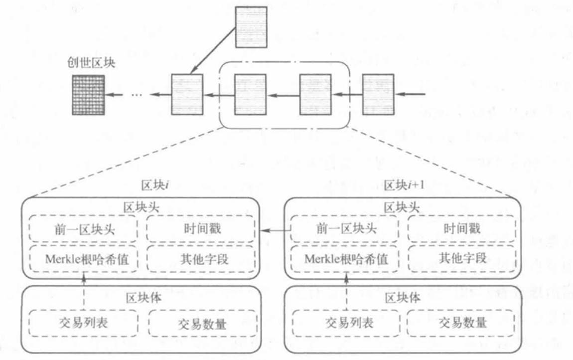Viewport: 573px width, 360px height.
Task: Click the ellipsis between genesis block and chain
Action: coord(138,94)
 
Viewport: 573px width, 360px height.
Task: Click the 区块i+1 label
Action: coord(404,185)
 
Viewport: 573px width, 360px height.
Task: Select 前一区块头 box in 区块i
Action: coord(83,229)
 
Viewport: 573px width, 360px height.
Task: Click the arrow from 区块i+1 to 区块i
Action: coord(274,230)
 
